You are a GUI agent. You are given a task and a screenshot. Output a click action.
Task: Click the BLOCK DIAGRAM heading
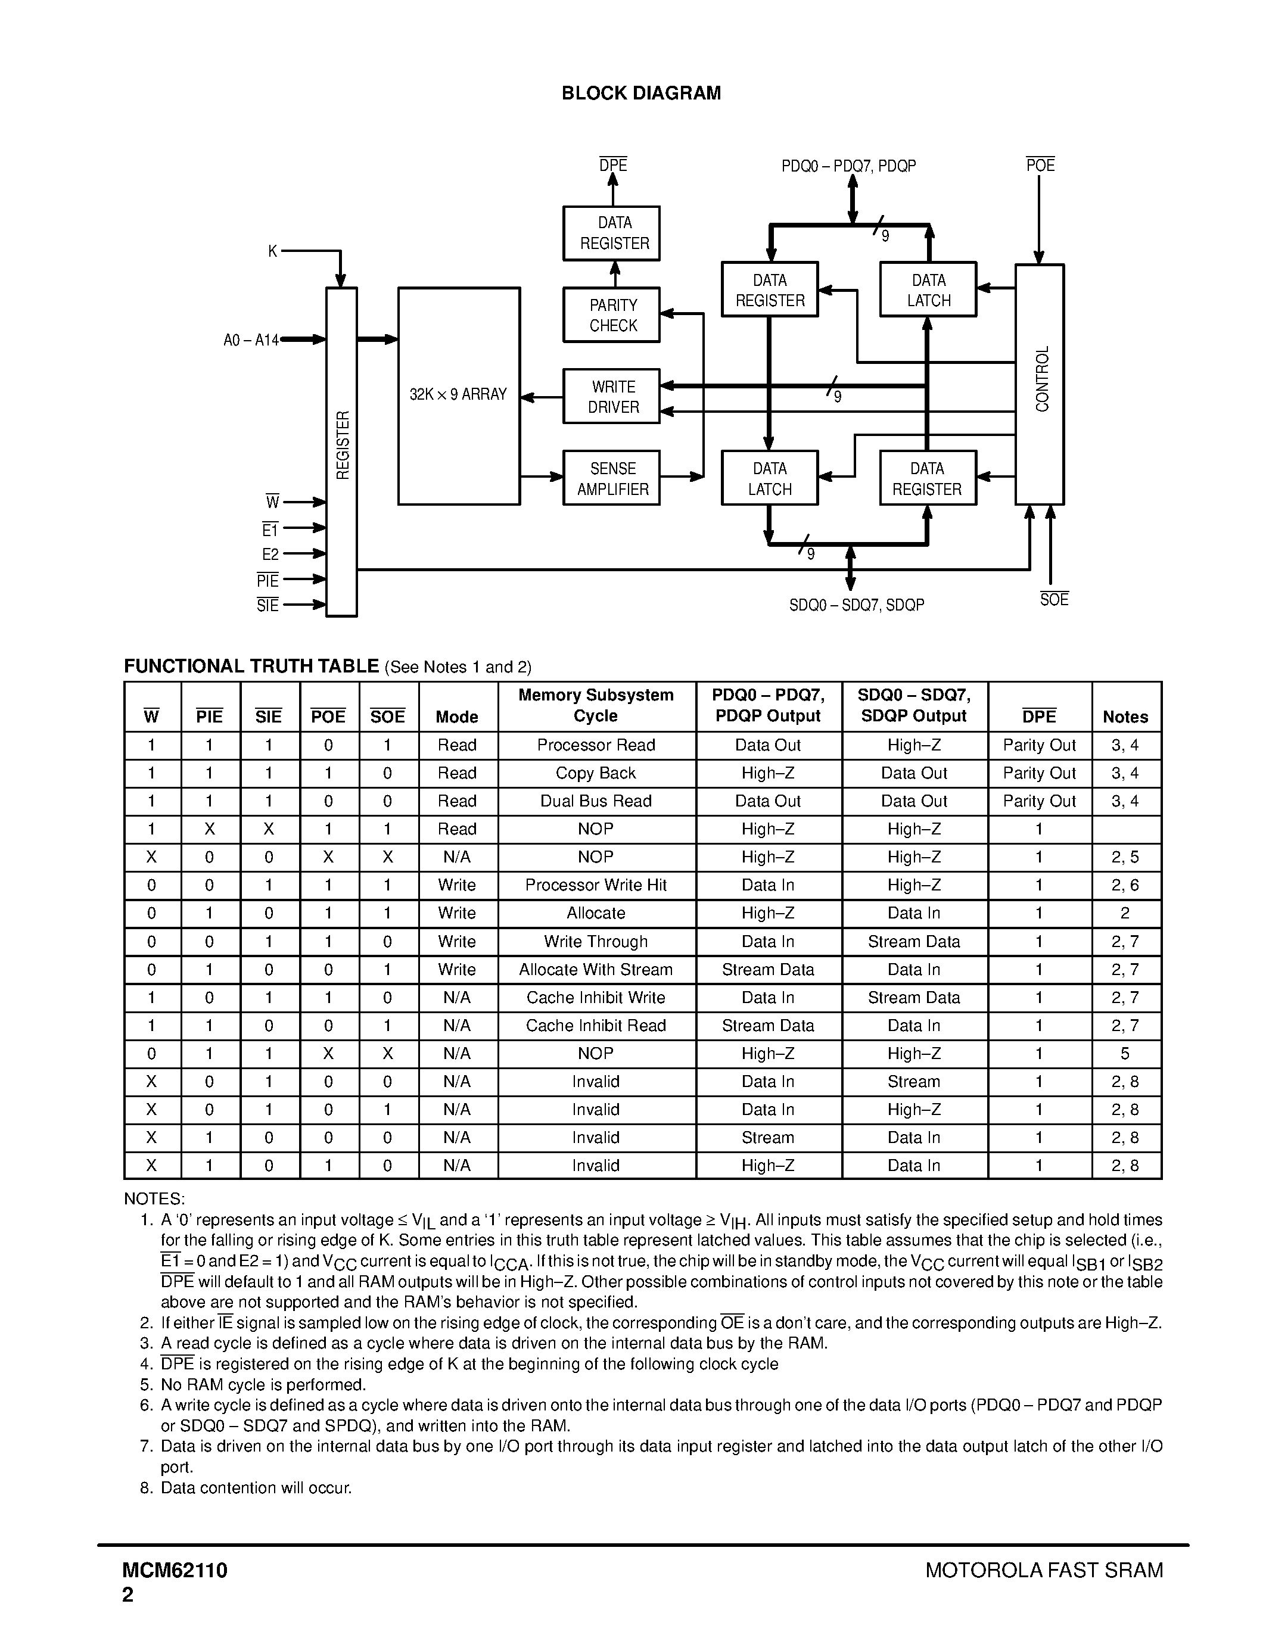(641, 93)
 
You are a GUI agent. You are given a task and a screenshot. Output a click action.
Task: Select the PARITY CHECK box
(612, 315)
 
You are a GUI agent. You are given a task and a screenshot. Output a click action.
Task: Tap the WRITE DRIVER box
(612, 397)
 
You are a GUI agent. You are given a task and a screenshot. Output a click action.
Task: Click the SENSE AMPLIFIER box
(612, 478)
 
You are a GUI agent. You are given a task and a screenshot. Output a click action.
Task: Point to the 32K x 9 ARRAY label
(458, 394)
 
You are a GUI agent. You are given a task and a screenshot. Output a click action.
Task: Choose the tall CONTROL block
(1040, 384)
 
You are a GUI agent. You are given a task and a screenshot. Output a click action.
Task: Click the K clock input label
(273, 251)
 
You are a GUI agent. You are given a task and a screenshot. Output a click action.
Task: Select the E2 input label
(270, 555)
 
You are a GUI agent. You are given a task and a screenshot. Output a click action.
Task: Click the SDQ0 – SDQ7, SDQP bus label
(857, 605)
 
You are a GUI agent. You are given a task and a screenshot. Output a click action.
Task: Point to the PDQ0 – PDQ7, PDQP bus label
(849, 166)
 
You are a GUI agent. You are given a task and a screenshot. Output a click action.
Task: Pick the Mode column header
(457, 717)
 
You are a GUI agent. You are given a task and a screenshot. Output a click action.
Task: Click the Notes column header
(1125, 717)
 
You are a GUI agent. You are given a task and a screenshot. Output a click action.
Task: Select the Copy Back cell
(596, 773)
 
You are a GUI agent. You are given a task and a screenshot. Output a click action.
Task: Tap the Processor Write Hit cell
(596, 885)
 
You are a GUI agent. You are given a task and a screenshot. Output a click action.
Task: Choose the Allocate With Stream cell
(596, 970)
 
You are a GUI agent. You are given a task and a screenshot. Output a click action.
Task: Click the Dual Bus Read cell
(596, 801)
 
